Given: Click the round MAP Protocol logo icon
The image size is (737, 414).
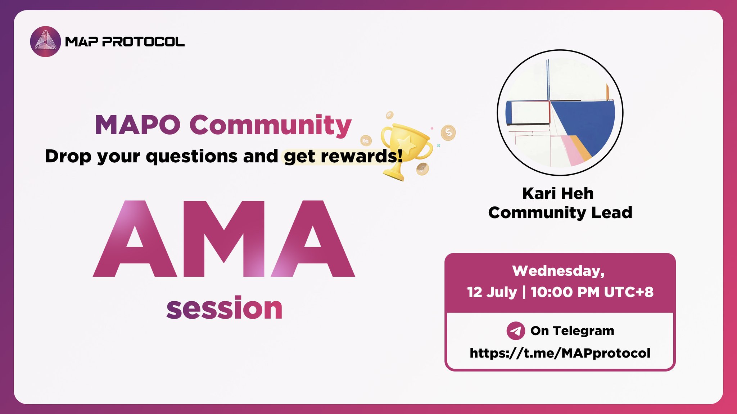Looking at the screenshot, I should click(x=45, y=41).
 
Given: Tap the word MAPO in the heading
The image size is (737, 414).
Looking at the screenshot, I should click(x=137, y=125).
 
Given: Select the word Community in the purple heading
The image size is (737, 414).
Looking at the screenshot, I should click(x=270, y=125).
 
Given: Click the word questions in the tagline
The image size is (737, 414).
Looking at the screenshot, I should click(x=191, y=156).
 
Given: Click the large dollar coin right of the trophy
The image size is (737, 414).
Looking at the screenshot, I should click(x=448, y=132).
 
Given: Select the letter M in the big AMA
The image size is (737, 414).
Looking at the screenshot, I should click(x=224, y=239).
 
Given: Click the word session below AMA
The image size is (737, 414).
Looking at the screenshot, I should click(x=224, y=308).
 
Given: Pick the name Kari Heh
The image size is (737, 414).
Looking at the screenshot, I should click(x=558, y=194).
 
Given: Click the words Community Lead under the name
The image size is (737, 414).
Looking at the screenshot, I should click(x=560, y=212).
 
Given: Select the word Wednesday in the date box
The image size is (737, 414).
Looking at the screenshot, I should click(x=558, y=271).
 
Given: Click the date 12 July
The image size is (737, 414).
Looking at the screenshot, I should click(x=492, y=292).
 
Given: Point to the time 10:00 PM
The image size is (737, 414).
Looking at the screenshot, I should click(x=565, y=292).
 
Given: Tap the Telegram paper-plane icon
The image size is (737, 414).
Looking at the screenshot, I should click(x=515, y=330).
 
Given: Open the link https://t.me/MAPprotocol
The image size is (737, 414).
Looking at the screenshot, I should click(x=560, y=353).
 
